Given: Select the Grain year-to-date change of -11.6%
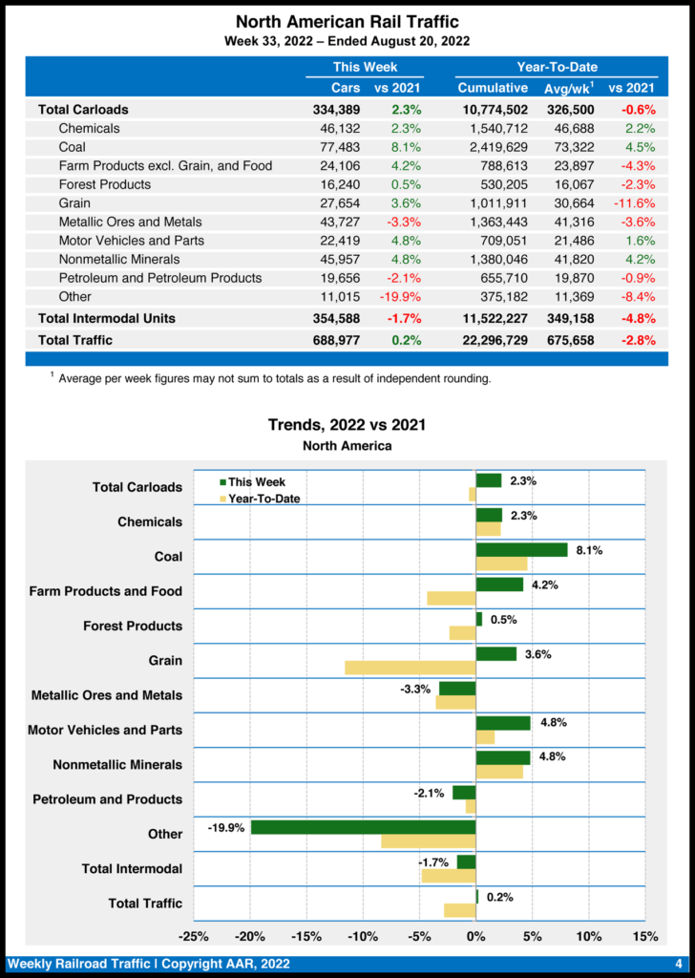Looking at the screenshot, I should click(637, 203).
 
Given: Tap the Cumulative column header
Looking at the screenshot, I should click(493, 88).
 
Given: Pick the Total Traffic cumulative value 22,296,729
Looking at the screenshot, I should click(493, 340).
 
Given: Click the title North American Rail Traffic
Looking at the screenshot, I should click(347, 22).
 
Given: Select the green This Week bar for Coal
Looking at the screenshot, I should click(521, 550).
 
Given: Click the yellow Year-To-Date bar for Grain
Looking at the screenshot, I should click(411, 668).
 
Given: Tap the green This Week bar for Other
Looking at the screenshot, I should click(363, 827).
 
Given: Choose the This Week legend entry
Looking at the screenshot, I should click(252, 482).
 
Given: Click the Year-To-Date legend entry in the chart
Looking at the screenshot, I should click(259, 499).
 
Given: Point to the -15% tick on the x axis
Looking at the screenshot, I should click(307, 936).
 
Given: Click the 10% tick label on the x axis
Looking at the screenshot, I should click(588, 936).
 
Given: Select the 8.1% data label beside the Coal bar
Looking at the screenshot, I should click(589, 550).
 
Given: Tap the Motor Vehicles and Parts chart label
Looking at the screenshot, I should click(105, 731).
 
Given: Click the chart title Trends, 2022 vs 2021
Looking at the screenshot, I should click(347, 425).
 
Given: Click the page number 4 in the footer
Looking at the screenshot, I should click(678, 964).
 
